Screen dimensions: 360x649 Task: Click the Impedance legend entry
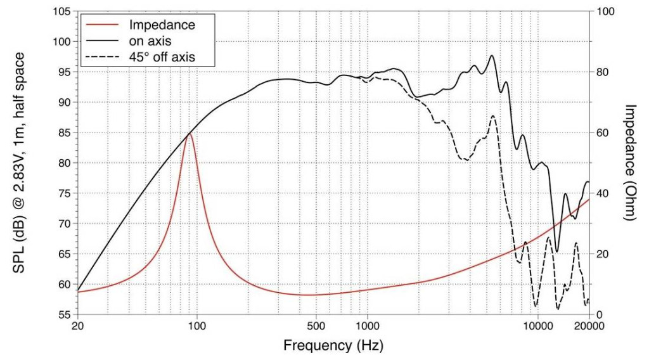[x=161, y=25]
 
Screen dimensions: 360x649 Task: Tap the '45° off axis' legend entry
[x=161, y=57]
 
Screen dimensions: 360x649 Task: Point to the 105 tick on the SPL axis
[x=61, y=11]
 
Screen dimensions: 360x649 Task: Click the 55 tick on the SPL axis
[x=64, y=314]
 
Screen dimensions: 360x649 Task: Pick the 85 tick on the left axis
[x=64, y=132]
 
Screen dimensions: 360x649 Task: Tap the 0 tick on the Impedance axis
[x=600, y=314]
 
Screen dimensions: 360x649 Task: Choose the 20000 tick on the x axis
[x=588, y=326]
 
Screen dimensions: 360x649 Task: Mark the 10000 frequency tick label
[x=537, y=326]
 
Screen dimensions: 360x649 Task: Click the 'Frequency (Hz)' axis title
[x=333, y=345]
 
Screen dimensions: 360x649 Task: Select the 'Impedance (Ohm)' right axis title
[x=629, y=162]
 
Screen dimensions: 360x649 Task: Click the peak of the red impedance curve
[x=189, y=133]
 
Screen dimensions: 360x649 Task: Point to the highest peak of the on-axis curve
[x=492, y=56]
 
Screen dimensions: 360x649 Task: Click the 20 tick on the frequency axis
[x=78, y=326]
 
